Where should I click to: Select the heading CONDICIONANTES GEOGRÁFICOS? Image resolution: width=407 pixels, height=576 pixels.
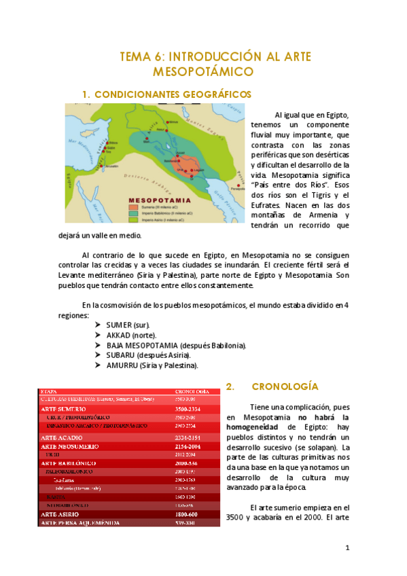[172, 94]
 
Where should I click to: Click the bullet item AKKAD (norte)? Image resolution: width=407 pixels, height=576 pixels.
[131, 335]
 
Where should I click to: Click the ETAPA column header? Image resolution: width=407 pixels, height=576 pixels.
[49, 392]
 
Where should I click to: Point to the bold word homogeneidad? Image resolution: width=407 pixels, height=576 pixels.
[258, 427]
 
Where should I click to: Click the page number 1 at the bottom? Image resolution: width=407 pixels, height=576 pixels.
[347, 547]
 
